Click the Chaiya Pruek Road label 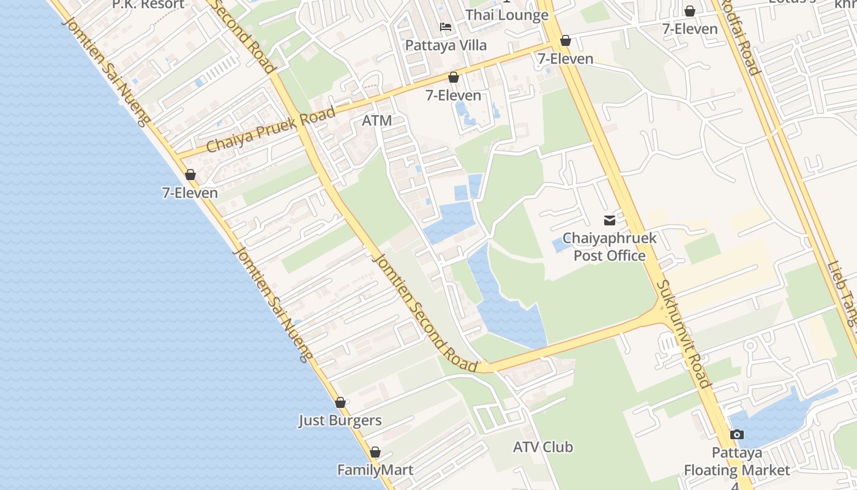(271, 130)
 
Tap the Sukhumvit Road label (684, 334)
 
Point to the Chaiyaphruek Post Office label (609, 247)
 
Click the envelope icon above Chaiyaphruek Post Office (610, 221)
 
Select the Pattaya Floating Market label (736, 462)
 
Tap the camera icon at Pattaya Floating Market (737, 434)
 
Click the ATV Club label (543, 447)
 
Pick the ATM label (376, 121)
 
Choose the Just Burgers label (340, 421)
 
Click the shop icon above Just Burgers (340, 402)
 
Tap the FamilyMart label (375, 470)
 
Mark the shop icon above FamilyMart (375, 452)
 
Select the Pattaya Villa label (446, 45)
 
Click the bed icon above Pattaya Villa (446, 28)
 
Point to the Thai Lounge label (507, 15)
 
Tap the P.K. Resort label (148, 5)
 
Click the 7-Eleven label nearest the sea (190, 193)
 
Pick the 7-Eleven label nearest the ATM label (454, 95)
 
